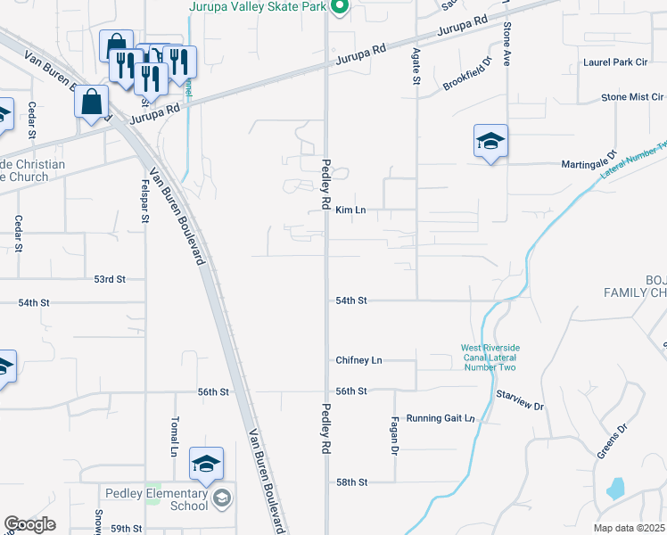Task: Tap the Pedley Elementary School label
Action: click(156, 499)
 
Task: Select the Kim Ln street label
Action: click(351, 210)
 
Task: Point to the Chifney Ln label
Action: click(358, 360)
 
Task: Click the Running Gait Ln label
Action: click(441, 418)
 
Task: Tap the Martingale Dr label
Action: click(589, 164)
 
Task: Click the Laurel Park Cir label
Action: click(613, 62)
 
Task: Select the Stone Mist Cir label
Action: click(632, 96)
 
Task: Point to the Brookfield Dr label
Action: click(467, 76)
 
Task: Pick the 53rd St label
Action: click(110, 279)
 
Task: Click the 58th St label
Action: click(351, 482)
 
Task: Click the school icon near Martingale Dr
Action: click(490, 142)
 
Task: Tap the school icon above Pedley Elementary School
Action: click(206, 465)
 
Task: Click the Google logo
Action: click(29, 524)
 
